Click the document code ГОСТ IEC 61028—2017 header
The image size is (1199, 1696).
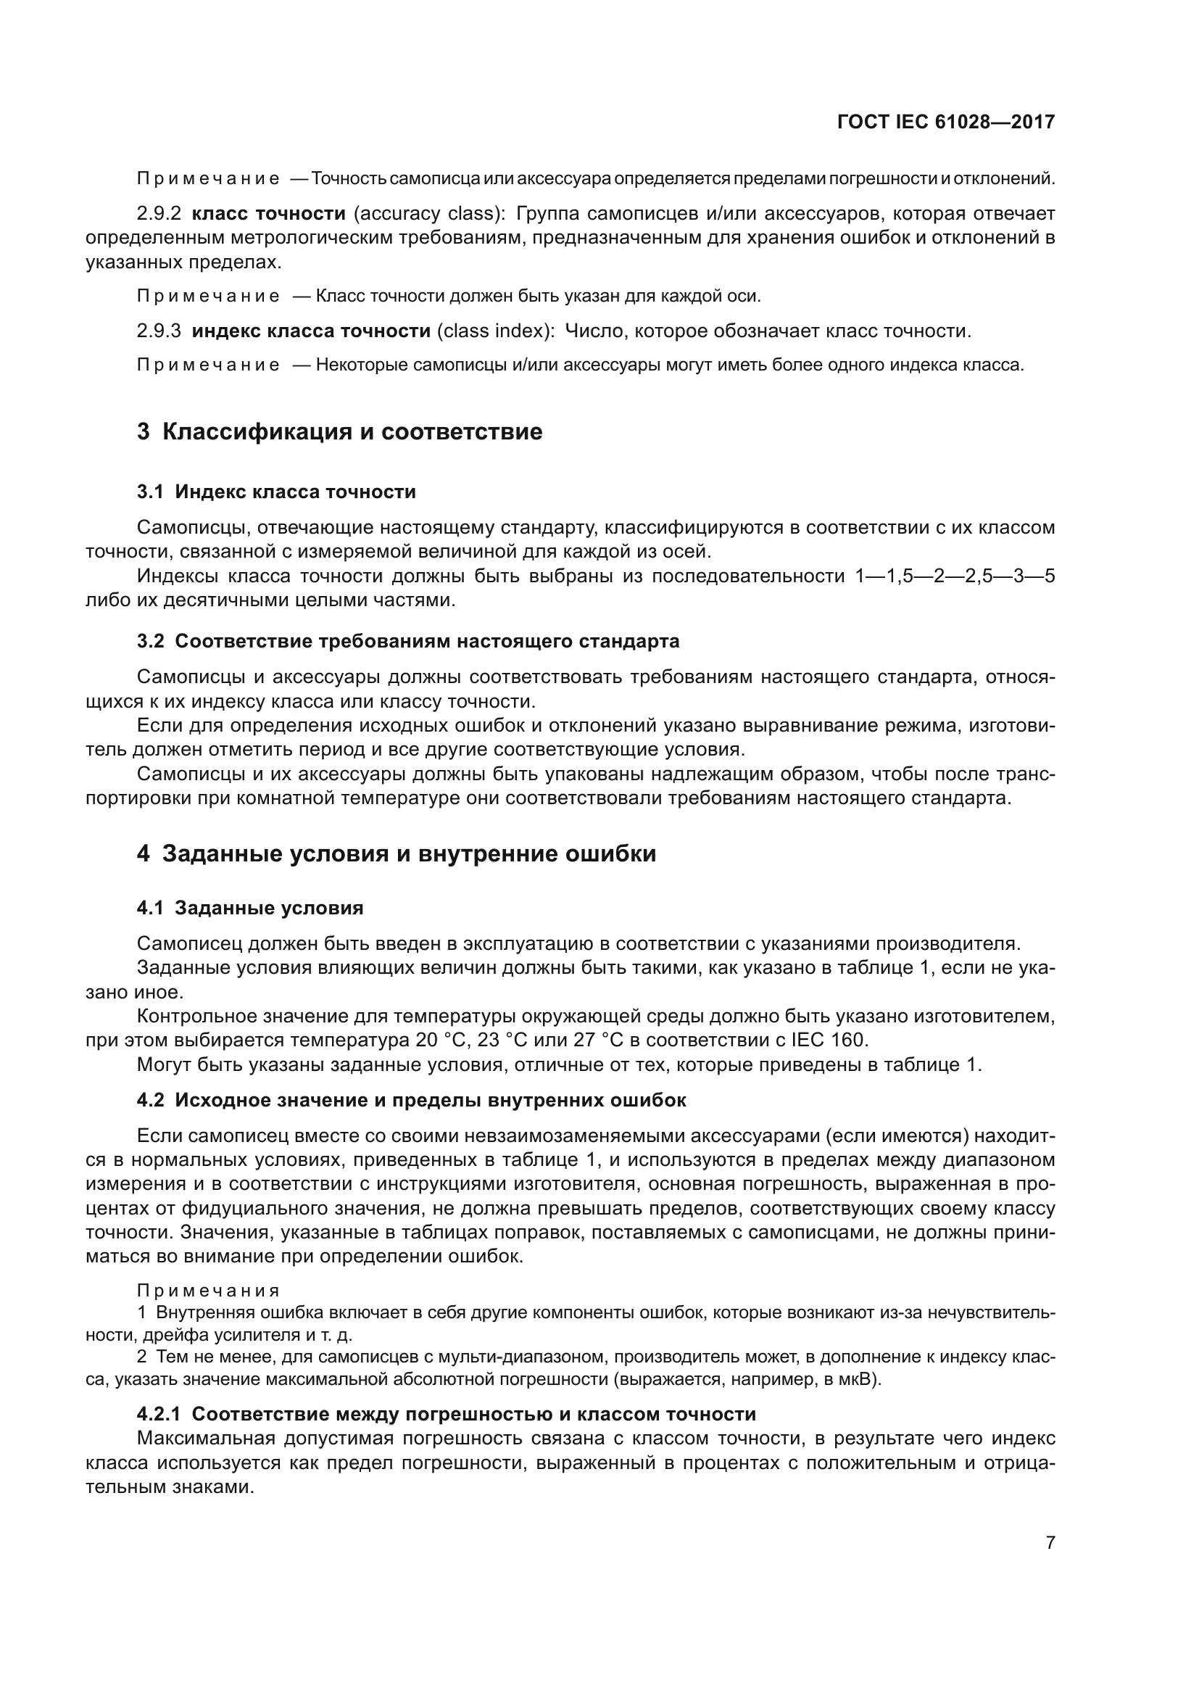coord(946,122)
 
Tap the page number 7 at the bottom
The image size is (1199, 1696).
coord(1050,1542)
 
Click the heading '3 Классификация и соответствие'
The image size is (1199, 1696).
coord(339,431)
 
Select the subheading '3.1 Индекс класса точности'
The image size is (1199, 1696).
coord(276,492)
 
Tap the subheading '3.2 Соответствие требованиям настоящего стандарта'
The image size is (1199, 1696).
coord(407,641)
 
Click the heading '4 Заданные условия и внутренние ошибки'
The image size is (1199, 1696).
coord(397,854)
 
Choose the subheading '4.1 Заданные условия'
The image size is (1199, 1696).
coord(249,909)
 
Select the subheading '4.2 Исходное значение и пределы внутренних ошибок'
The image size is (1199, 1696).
coord(411,1101)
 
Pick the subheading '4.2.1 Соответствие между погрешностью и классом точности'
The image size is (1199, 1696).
coord(446,1415)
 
